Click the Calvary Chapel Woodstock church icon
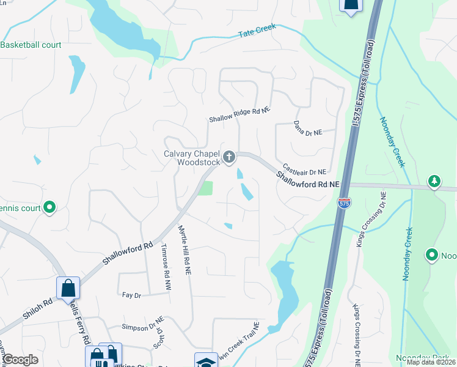click(x=229, y=158)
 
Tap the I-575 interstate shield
click(x=343, y=202)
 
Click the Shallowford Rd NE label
click(x=307, y=179)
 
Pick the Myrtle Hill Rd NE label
click(x=183, y=248)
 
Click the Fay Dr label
click(x=131, y=295)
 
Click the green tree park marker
click(x=434, y=181)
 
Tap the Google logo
click(x=20, y=360)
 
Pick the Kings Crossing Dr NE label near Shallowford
click(x=370, y=220)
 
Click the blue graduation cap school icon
click(x=206, y=360)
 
